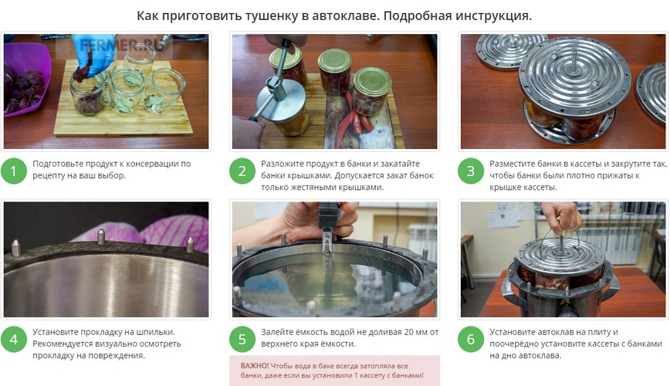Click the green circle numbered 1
[x=14, y=171]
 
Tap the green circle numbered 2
[x=242, y=171]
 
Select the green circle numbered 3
[x=471, y=171]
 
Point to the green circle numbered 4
[x=14, y=340]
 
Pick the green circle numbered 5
[x=242, y=340]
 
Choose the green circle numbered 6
[x=471, y=340]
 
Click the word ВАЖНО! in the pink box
[x=255, y=366]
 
